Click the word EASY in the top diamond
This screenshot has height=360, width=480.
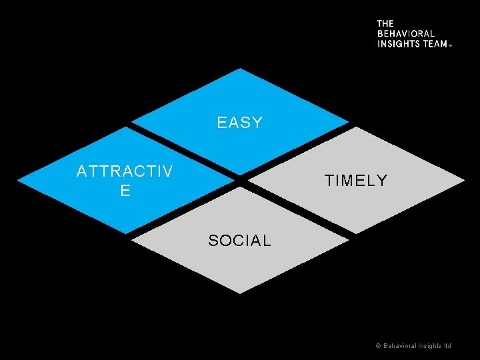pos(240,123)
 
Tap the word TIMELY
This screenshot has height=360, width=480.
pos(355,181)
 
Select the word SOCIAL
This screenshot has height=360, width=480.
pos(239,241)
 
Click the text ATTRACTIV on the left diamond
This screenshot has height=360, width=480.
pos(125,172)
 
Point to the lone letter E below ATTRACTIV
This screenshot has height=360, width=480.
pos(125,191)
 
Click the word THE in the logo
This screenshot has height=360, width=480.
pos(385,23)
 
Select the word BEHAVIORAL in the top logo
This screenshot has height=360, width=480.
pos(406,33)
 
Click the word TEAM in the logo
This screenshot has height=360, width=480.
pos(435,43)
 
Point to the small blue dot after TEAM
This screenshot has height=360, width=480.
pos(450,45)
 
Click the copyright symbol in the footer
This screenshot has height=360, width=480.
pos(378,346)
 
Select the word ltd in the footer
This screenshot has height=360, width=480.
pos(447,346)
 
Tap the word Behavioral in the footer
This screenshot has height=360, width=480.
pos(399,346)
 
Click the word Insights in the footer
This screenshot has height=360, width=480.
pos(429,346)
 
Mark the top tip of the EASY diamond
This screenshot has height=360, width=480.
pos(240,68)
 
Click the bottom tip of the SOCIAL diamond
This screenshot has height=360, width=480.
pos(240,293)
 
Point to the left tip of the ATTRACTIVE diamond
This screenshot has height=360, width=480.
pos(18,181)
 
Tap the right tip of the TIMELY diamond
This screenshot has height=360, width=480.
pos(464,181)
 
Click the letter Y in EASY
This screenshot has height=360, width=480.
pos(257,123)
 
